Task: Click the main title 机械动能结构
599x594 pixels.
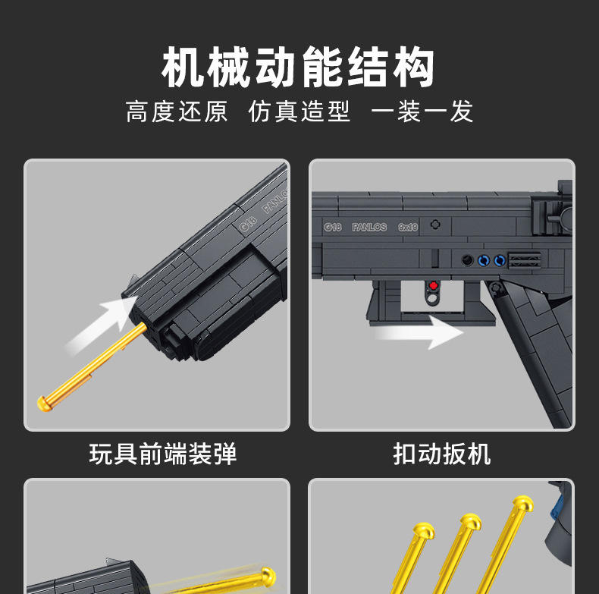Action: [299, 68]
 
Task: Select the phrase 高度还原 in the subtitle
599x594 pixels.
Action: [177, 112]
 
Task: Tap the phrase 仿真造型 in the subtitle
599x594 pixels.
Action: [299, 112]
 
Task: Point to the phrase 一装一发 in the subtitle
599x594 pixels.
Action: [422, 112]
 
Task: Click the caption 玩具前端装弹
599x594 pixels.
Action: [163, 454]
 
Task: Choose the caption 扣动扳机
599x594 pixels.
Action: [442, 454]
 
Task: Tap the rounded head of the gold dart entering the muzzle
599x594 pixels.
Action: [46, 403]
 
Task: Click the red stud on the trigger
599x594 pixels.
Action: [434, 286]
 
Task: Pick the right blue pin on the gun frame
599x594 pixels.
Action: [499, 260]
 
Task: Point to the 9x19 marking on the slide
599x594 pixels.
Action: [407, 226]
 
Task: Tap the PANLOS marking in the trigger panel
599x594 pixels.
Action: [369, 227]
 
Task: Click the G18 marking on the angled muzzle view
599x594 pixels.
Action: [246, 223]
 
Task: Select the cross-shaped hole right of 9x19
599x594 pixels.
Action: [435, 225]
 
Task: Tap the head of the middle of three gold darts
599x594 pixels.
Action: [471, 522]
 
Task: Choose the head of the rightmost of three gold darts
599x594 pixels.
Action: [522, 503]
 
